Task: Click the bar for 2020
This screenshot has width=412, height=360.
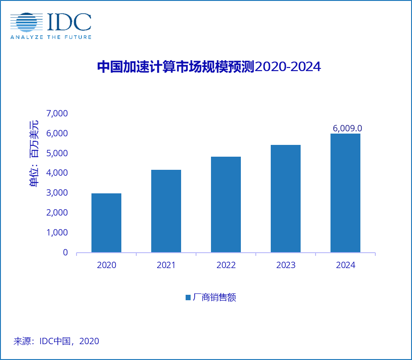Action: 106,223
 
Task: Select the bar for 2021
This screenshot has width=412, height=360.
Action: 166,211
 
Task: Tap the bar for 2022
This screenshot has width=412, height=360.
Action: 226,204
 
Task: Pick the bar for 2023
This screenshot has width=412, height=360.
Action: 286,198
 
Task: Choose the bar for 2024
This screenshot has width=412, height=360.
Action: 345,193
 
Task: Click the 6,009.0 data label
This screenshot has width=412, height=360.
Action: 347,129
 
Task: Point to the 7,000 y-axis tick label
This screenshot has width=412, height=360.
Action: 57,113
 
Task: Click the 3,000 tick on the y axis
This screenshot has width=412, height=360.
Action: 57,193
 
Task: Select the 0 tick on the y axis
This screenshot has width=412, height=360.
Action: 65,253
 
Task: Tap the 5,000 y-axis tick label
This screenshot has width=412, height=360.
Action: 57,153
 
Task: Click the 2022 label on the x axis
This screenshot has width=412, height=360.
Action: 226,265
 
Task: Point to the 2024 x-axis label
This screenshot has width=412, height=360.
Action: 345,265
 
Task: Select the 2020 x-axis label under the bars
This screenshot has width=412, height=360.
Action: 106,265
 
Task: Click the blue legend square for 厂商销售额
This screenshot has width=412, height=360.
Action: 188,298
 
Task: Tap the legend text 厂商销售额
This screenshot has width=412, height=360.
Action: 215,298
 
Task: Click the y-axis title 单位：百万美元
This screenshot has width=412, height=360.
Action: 34,154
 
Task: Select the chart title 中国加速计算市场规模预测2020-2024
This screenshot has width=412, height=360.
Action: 209,67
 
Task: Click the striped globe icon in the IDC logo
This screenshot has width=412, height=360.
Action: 26,23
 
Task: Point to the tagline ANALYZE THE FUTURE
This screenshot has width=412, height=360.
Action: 51,37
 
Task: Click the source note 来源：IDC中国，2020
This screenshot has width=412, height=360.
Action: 56,341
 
